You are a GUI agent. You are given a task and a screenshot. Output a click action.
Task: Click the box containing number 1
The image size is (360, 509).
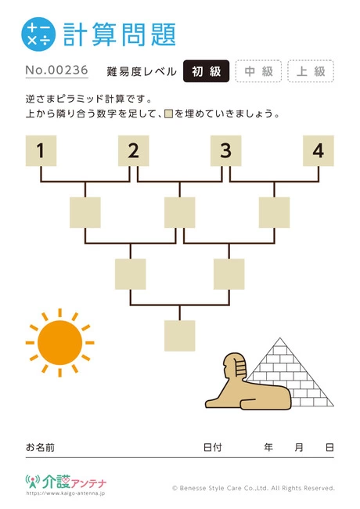41,150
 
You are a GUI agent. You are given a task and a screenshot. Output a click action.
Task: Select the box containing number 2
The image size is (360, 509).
133,150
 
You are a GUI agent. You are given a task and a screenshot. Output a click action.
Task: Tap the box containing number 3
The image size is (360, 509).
225,150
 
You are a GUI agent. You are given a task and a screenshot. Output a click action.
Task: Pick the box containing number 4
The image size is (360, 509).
319,150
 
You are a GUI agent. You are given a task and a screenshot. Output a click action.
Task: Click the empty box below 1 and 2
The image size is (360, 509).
85,212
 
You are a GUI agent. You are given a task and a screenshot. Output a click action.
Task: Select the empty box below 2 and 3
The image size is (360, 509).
180,212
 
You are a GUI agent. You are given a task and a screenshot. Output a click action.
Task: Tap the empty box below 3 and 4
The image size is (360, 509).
274,212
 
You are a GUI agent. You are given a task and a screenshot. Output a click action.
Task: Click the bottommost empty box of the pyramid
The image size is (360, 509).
180,336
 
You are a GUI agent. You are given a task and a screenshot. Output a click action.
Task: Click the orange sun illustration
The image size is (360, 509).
59,342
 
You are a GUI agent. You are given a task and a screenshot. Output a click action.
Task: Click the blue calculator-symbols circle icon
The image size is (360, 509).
38,34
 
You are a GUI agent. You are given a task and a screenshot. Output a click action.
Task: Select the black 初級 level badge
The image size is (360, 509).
207,71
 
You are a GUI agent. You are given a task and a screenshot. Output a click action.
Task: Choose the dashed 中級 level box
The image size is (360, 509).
258,71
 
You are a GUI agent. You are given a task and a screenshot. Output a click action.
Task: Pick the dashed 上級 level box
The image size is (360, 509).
311,71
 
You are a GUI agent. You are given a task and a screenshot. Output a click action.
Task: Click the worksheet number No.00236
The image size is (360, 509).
57,70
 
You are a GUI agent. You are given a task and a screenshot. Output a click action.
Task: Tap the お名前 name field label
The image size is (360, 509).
40,447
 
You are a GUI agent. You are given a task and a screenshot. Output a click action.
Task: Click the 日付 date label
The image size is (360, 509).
213,447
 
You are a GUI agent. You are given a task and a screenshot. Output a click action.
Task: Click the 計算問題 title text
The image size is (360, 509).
120,34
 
